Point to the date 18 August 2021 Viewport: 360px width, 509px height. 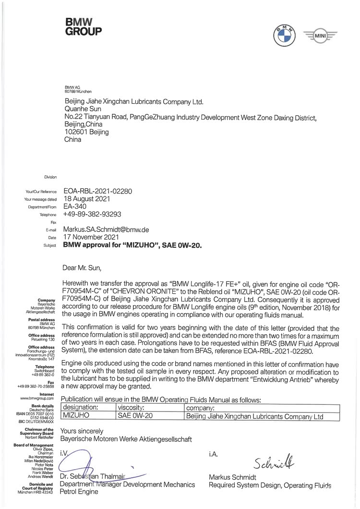pos(87,199)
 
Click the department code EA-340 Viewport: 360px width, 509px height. pos(75,206)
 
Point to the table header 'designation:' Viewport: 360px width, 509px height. pos(81,408)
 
